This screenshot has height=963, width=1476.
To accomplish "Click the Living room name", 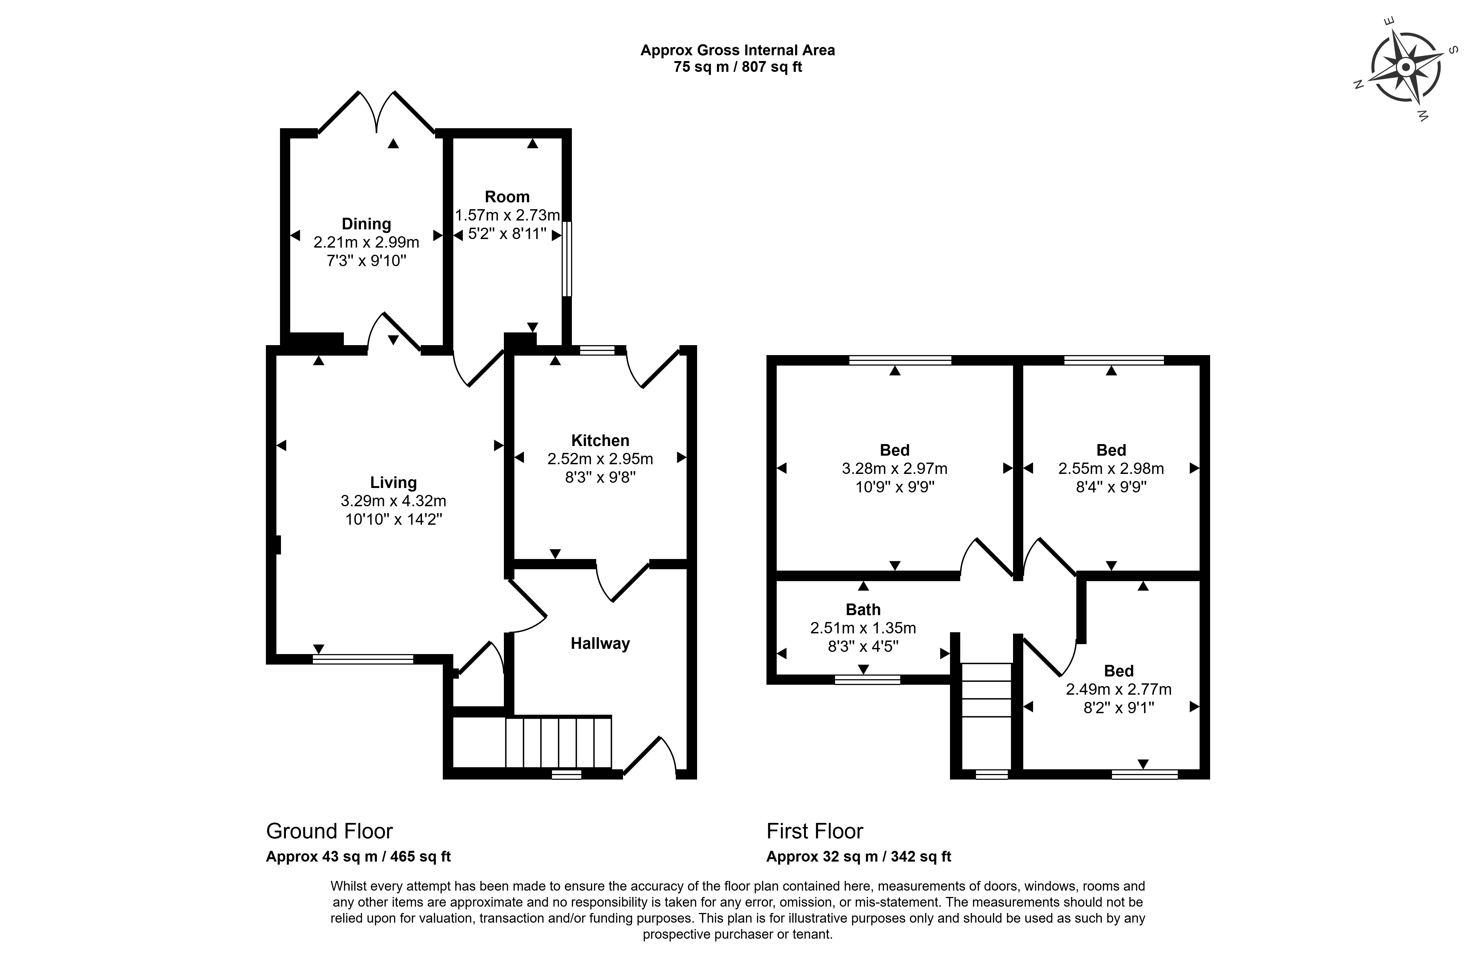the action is (393, 482).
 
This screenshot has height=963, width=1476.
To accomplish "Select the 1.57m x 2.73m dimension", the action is (507, 215).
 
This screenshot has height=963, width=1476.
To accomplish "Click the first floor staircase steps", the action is (986, 716).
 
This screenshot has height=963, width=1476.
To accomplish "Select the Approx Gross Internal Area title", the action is (737, 50).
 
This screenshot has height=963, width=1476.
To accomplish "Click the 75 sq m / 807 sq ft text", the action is (737, 67).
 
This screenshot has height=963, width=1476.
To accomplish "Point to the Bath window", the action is (867, 679).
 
